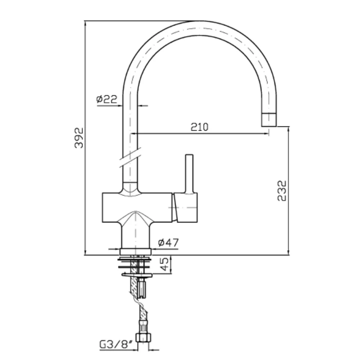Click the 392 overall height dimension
tap(79, 138)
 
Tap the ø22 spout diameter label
tap(107, 99)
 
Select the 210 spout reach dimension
tap(199, 127)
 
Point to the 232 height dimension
tap(282, 191)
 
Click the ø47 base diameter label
tap(168, 242)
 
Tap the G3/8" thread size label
tap(116, 345)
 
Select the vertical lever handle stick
tap(189, 174)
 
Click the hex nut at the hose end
tap(144, 338)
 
